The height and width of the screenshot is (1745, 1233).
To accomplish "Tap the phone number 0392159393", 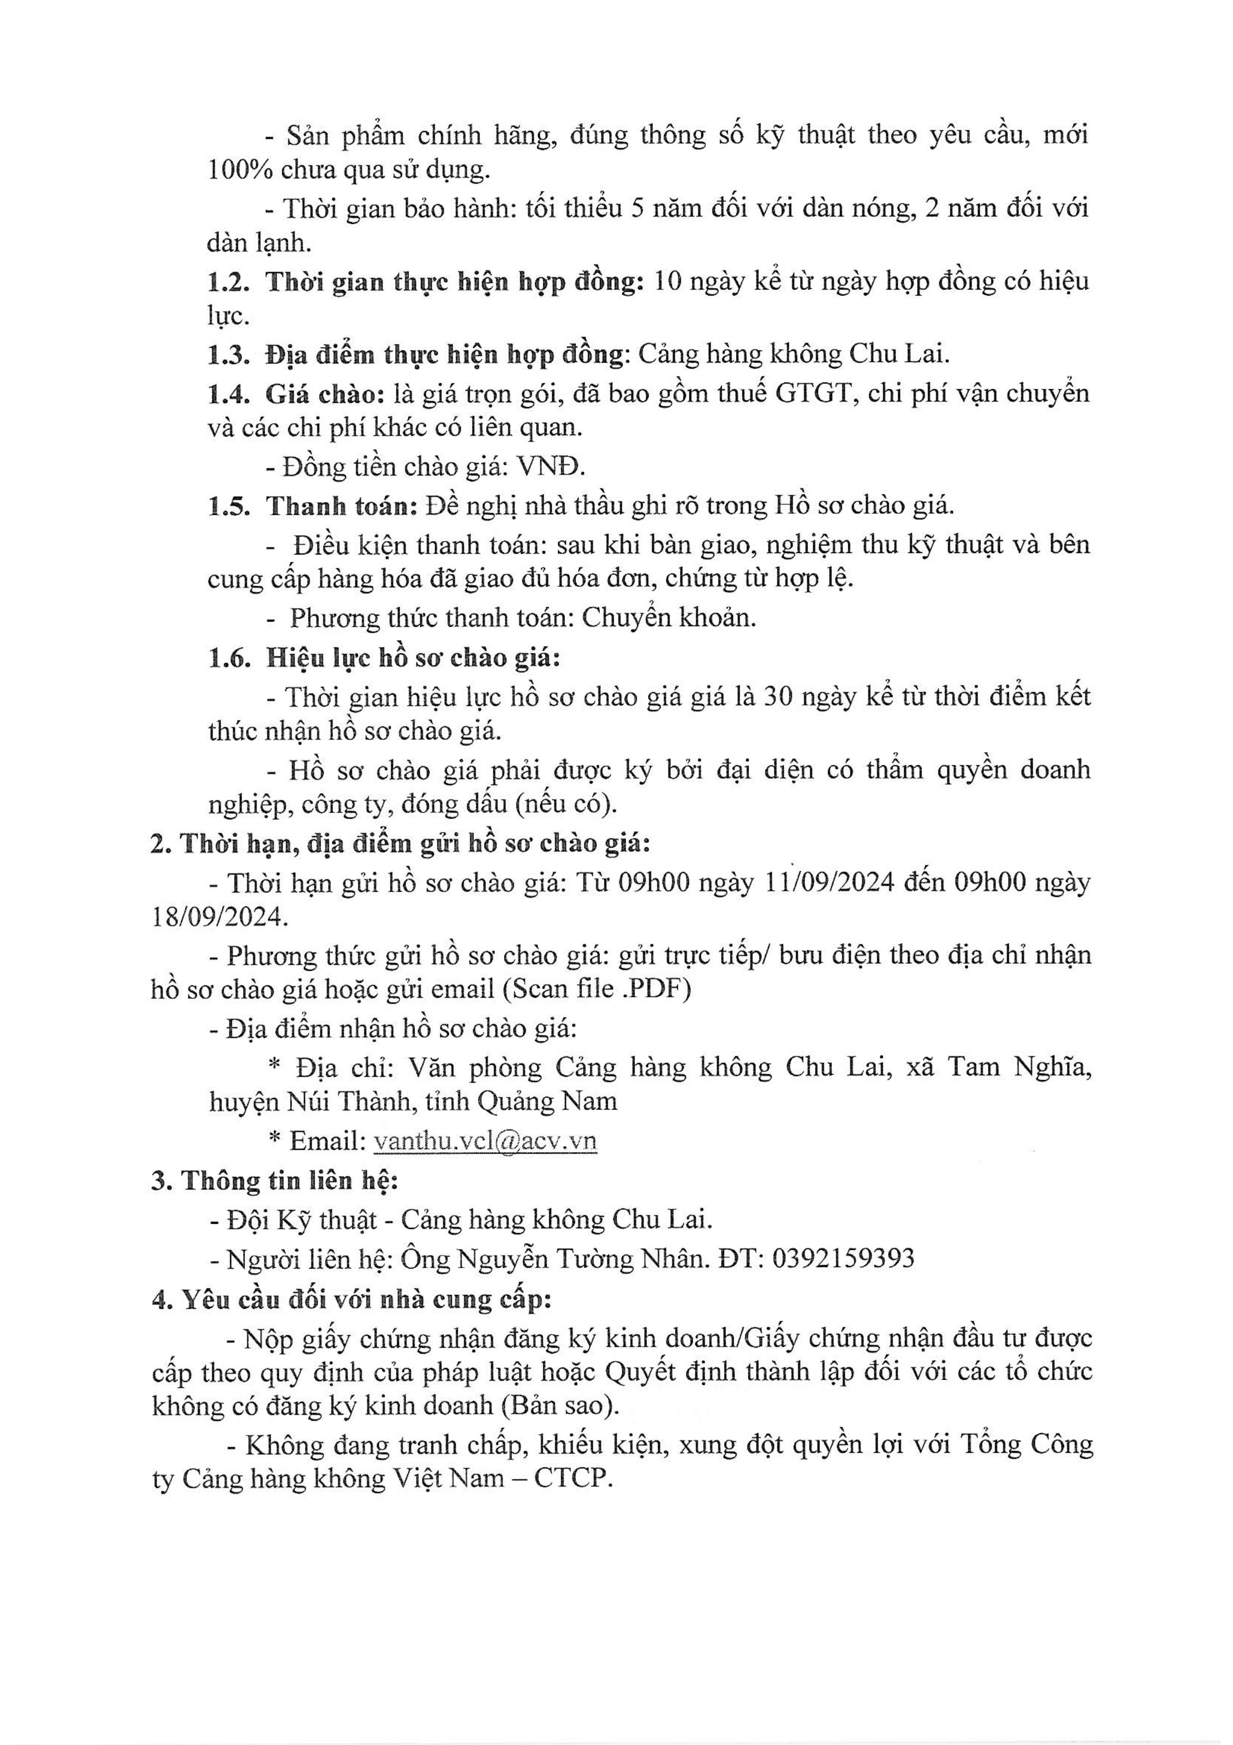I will pos(843,1259).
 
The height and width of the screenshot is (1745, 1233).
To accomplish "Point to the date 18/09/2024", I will pos(220,918).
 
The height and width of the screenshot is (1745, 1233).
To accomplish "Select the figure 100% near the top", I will pos(241,170).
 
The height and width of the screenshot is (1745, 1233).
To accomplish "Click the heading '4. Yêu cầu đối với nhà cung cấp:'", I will pos(351,1299).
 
